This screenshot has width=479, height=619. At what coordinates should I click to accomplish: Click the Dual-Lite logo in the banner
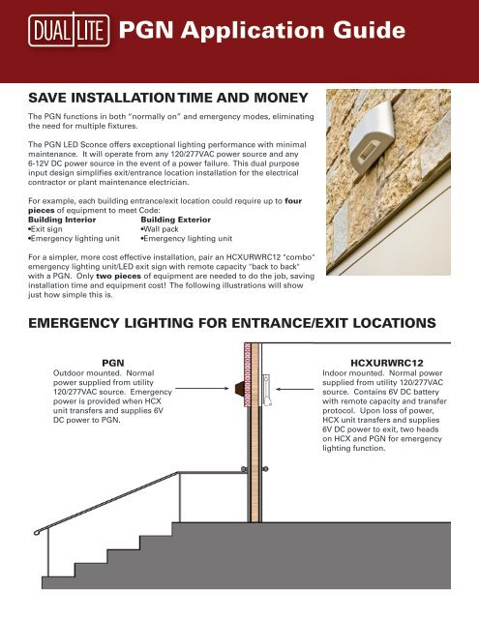(x=69, y=30)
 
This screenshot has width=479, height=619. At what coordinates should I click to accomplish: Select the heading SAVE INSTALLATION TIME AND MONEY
(x=168, y=98)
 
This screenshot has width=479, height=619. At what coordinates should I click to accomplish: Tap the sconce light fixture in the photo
(x=372, y=136)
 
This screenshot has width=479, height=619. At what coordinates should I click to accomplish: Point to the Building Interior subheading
(x=62, y=220)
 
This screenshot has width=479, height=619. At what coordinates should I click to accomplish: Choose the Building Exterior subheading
(x=176, y=220)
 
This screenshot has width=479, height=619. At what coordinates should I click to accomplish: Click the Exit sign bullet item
(x=45, y=229)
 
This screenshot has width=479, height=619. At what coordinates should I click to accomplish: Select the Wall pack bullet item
(x=160, y=229)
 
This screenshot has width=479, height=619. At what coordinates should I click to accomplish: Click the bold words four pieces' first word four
(x=293, y=200)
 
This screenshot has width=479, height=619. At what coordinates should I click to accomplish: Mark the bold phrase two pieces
(x=118, y=276)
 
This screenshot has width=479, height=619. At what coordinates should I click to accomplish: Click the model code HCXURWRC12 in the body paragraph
(x=254, y=257)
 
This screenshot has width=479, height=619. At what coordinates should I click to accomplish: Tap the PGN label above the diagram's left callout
(x=113, y=363)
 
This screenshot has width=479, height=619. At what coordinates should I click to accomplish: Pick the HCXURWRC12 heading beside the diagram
(x=387, y=363)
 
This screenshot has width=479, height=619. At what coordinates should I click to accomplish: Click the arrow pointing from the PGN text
(x=202, y=389)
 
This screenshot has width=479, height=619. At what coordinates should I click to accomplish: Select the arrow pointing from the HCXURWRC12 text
(x=294, y=389)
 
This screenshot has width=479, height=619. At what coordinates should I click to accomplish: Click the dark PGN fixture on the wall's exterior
(x=240, y=389)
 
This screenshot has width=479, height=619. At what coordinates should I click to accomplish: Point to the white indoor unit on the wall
(x=266, y=390)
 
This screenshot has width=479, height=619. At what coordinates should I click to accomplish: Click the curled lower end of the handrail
(x=37, y=532)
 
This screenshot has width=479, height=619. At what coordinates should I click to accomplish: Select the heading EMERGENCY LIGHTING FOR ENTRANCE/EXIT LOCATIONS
(x=232, y=323)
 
